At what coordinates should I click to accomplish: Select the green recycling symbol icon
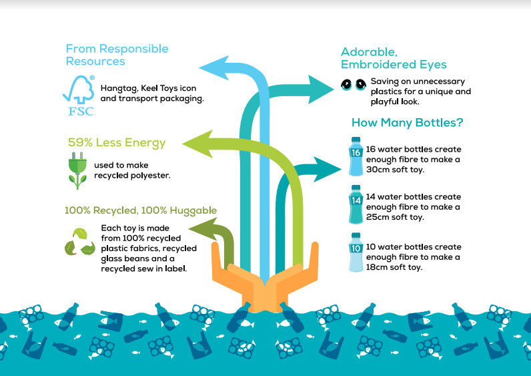(x=79, y=242)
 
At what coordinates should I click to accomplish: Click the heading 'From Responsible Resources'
(x=117, y=55)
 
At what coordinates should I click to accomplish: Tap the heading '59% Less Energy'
(x=116, y=142)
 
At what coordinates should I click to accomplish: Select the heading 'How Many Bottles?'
(x=407, y=123)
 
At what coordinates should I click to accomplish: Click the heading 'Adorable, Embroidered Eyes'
(x=394, y=58)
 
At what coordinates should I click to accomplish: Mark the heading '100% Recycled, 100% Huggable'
(x=140, y=210)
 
